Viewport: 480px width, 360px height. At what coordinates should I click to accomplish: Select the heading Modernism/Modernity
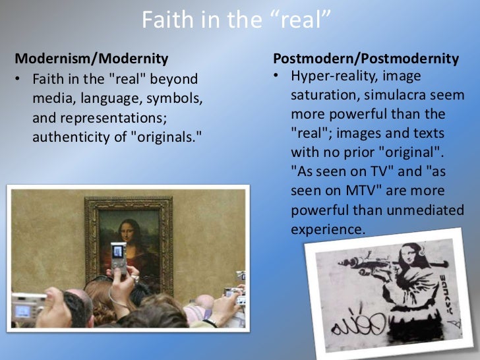[x=91, y=58]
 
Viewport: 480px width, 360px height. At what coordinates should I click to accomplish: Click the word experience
[x=327, y=229]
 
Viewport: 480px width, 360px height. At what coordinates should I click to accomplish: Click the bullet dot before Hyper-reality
[x=278, y=76]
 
